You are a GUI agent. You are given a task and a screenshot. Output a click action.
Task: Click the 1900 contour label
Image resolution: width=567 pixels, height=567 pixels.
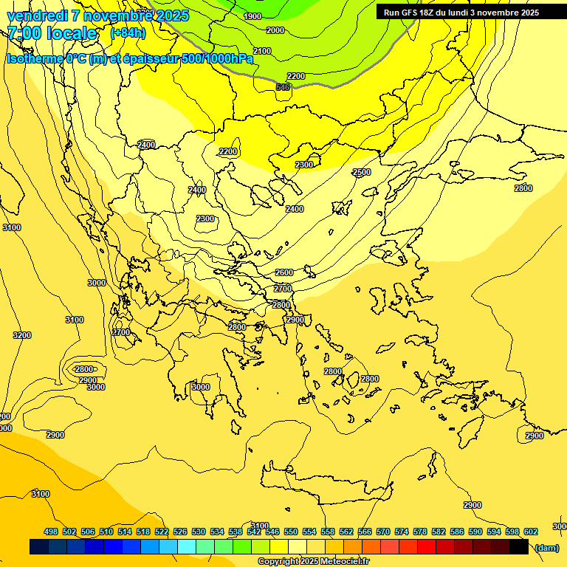click(252, 16)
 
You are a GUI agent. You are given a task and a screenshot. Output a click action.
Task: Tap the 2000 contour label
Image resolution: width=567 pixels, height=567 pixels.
click(275, 30)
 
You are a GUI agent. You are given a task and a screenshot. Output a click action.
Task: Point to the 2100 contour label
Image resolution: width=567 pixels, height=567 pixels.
click(262, 51)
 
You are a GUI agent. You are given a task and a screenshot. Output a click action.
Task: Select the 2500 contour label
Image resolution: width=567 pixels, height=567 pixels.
click(362, 172)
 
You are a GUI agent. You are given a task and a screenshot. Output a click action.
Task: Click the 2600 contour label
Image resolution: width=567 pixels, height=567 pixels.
click(284, 272)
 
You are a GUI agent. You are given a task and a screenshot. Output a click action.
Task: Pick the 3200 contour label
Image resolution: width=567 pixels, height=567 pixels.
click(22, 335)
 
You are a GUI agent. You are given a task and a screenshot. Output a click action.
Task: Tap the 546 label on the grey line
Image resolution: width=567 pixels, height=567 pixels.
click(283, 87)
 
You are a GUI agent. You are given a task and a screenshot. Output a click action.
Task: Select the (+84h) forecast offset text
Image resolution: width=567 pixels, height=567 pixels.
click(128, 33)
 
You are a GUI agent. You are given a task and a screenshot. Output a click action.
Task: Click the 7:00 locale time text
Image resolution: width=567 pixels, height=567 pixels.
click(52, 33)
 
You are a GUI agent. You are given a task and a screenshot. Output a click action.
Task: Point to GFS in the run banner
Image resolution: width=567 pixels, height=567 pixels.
click(410, 13)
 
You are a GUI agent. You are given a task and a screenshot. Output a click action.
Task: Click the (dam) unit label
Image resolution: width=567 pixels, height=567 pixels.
click(546, 547)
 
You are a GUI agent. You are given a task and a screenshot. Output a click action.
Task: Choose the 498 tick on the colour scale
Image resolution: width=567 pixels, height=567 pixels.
click(51, 532)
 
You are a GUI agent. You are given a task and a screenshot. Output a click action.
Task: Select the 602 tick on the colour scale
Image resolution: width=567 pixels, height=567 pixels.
click(531, 532)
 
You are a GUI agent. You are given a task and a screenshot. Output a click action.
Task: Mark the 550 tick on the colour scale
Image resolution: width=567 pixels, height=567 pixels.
click(291, 532)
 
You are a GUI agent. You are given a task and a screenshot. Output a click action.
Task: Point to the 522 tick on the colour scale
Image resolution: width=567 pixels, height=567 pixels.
click(162, 532)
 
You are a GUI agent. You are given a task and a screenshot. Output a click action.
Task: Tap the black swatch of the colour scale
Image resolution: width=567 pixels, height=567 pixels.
click(519, 547)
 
